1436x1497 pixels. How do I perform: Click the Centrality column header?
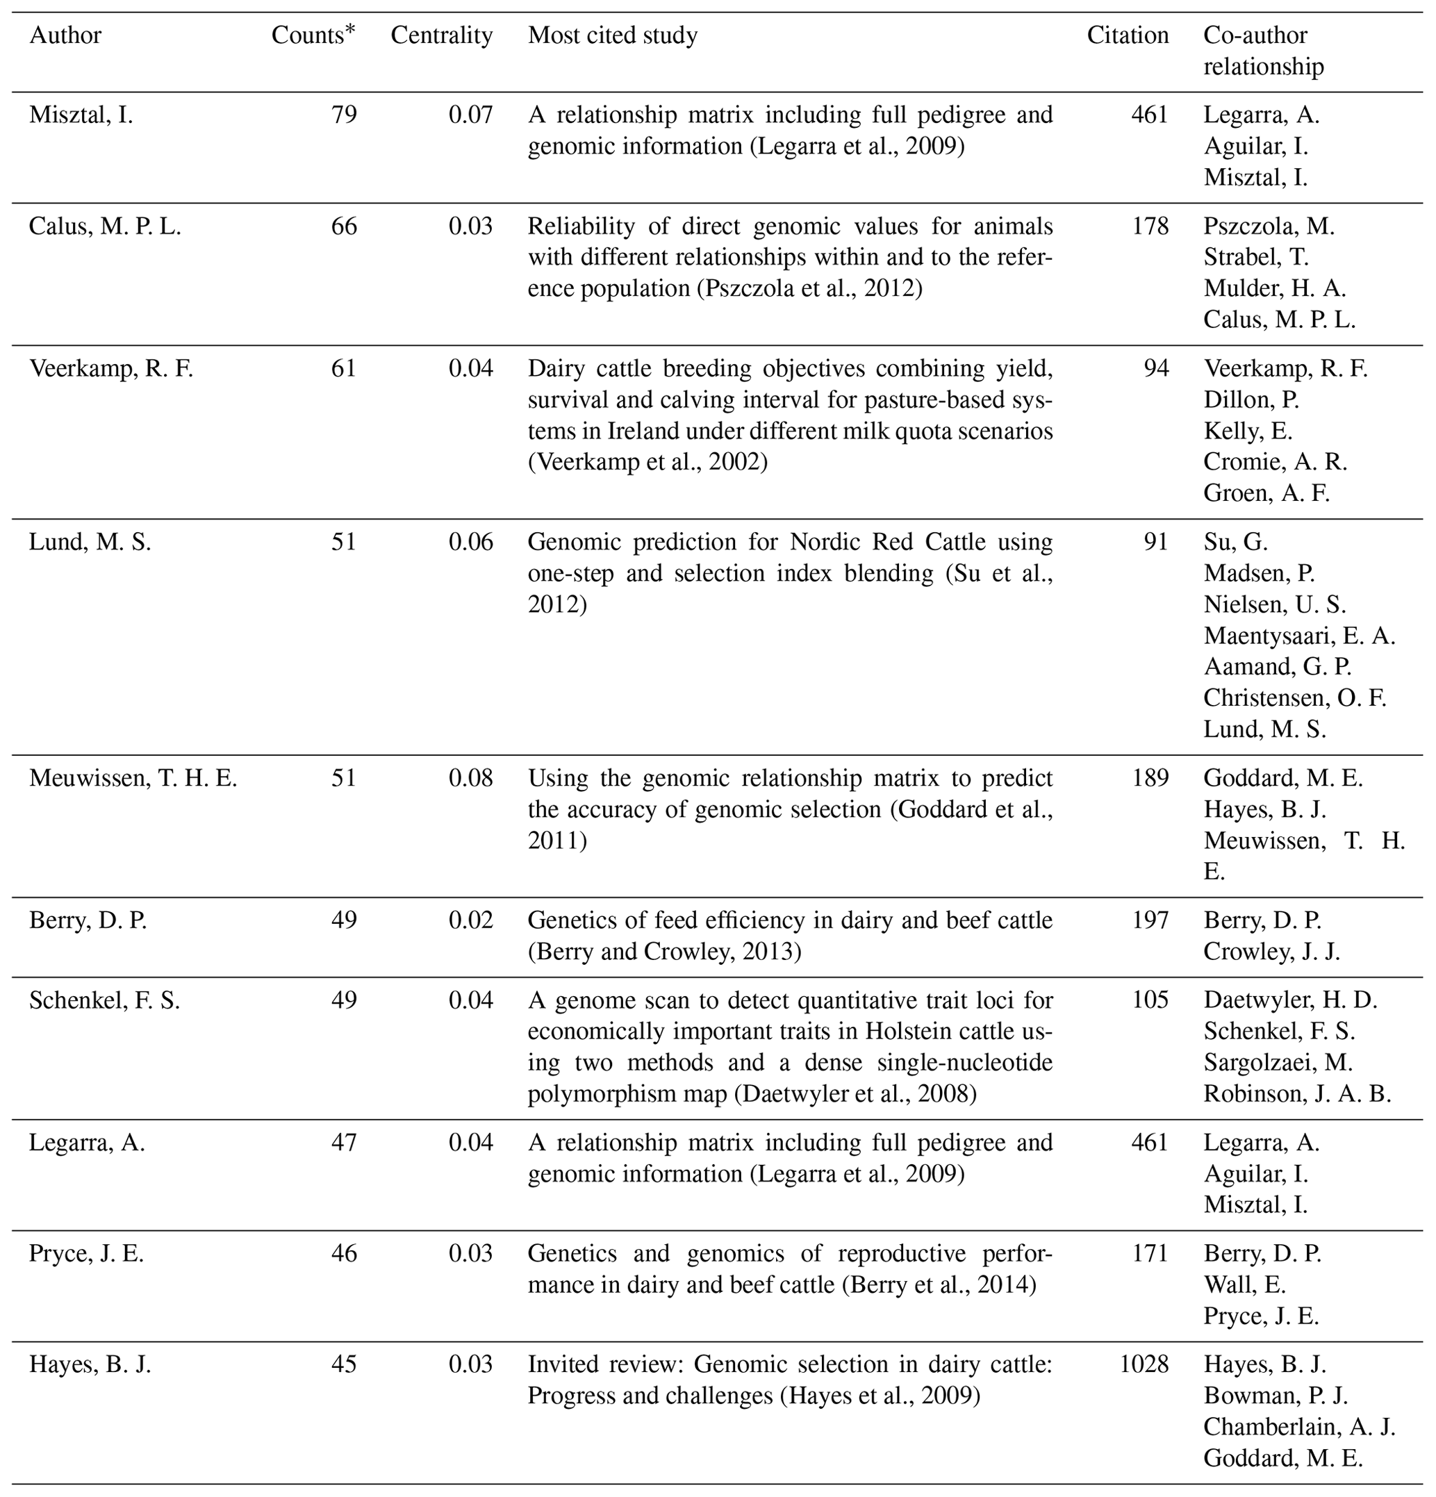pyautogui.click(x=441, y=36)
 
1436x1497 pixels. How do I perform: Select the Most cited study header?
pyautogui.click(x=613, y=36)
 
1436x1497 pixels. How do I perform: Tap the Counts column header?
pyautogui.click(x=313, y=36)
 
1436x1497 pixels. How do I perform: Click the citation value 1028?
pyautogui.click(x=1144, y=1365)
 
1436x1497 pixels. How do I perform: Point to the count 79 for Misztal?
pyautogui.click(x=344, y=115)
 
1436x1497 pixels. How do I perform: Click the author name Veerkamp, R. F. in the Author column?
pyautogui.click(x=112, y=369)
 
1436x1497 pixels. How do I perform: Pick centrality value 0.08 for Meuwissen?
pyautogui.click(x=470, y=778)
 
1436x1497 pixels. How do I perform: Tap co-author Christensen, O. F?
pyautogui.click(x=1295, y=698)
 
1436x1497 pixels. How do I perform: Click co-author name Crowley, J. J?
pyautogui.click(x=1272, y=952)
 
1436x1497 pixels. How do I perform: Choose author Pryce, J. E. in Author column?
pyautogui.click(x=86, y=1254)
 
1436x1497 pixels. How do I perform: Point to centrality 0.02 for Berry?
pyautogui.click(x=470, y=920)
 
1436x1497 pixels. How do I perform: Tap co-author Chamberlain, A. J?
pyautogui.click(x=1299, y=1428)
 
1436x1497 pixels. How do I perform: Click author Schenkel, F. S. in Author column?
pyautogui.click(x=105, y=1000)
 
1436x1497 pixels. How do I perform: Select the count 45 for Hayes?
pyautogui.click(x=344, y=1365)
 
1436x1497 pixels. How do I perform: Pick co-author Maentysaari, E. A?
pyautogui.click(x=1299, y=636)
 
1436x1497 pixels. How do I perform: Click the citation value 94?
pyautogui.click(x=1155, y=369)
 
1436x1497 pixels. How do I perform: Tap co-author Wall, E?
pyautogui.click(x=1245, y=1285)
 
